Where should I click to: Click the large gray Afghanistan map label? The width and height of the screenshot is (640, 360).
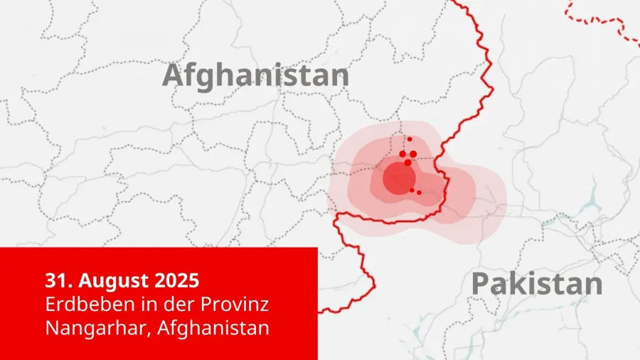coord(256,75)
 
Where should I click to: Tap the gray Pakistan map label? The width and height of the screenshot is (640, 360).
coord(537,284)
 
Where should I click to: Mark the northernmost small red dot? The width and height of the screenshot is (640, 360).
coord(410,139)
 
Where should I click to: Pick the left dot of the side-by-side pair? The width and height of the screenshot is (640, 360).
coord(402,154)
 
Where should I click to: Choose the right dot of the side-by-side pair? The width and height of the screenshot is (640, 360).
coord(413,154)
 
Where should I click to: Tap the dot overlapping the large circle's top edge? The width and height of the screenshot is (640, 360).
coord(407,163)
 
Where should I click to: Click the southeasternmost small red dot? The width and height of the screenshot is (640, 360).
coord(419,193)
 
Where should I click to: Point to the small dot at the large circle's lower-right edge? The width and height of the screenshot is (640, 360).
coord(412,189)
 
